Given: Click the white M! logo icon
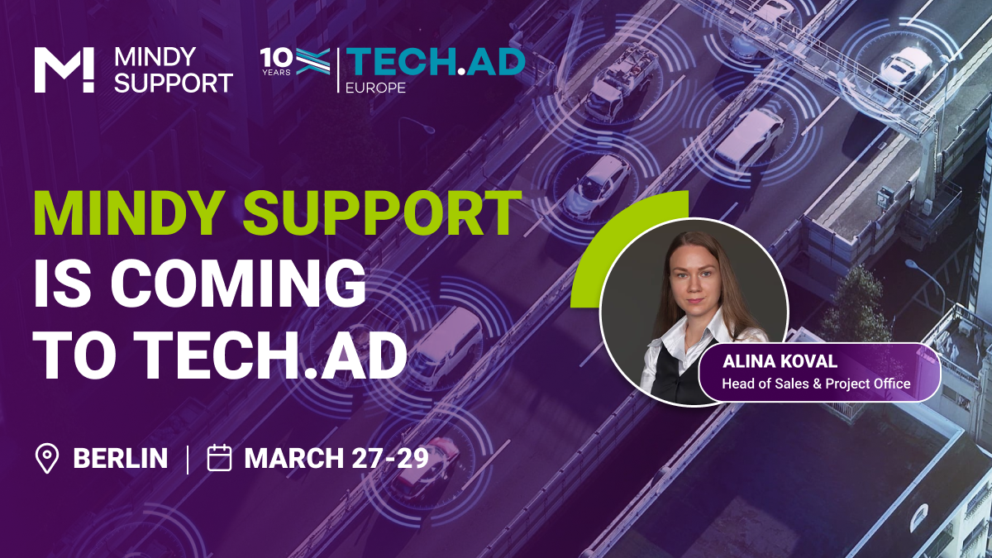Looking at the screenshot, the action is (x=64, y=70).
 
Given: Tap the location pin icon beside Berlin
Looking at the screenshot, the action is (x=46, y=458).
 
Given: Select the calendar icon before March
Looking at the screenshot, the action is (x=219, y=457).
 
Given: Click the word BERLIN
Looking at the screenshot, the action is (x=121, y=458).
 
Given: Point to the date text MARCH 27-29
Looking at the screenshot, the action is (x=336, y=458).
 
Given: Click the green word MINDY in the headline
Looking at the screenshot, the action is (x=129, y=213).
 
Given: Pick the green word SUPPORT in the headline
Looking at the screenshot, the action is (x=383, y=213).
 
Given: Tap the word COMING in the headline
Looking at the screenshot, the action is (x=238, y=284).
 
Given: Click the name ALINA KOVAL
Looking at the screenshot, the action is (x=780, y=361).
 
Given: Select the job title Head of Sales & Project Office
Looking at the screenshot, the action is (x=816, y=384).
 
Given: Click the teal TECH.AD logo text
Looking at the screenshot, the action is (x=436, y=62).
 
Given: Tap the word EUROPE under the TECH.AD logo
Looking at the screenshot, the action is (x=375, y=88).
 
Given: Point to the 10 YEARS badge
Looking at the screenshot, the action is (x=276, y=61).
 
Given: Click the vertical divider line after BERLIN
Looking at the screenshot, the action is (x=188, y=460).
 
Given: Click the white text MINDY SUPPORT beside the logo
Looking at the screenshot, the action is (x=174, y=70).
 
